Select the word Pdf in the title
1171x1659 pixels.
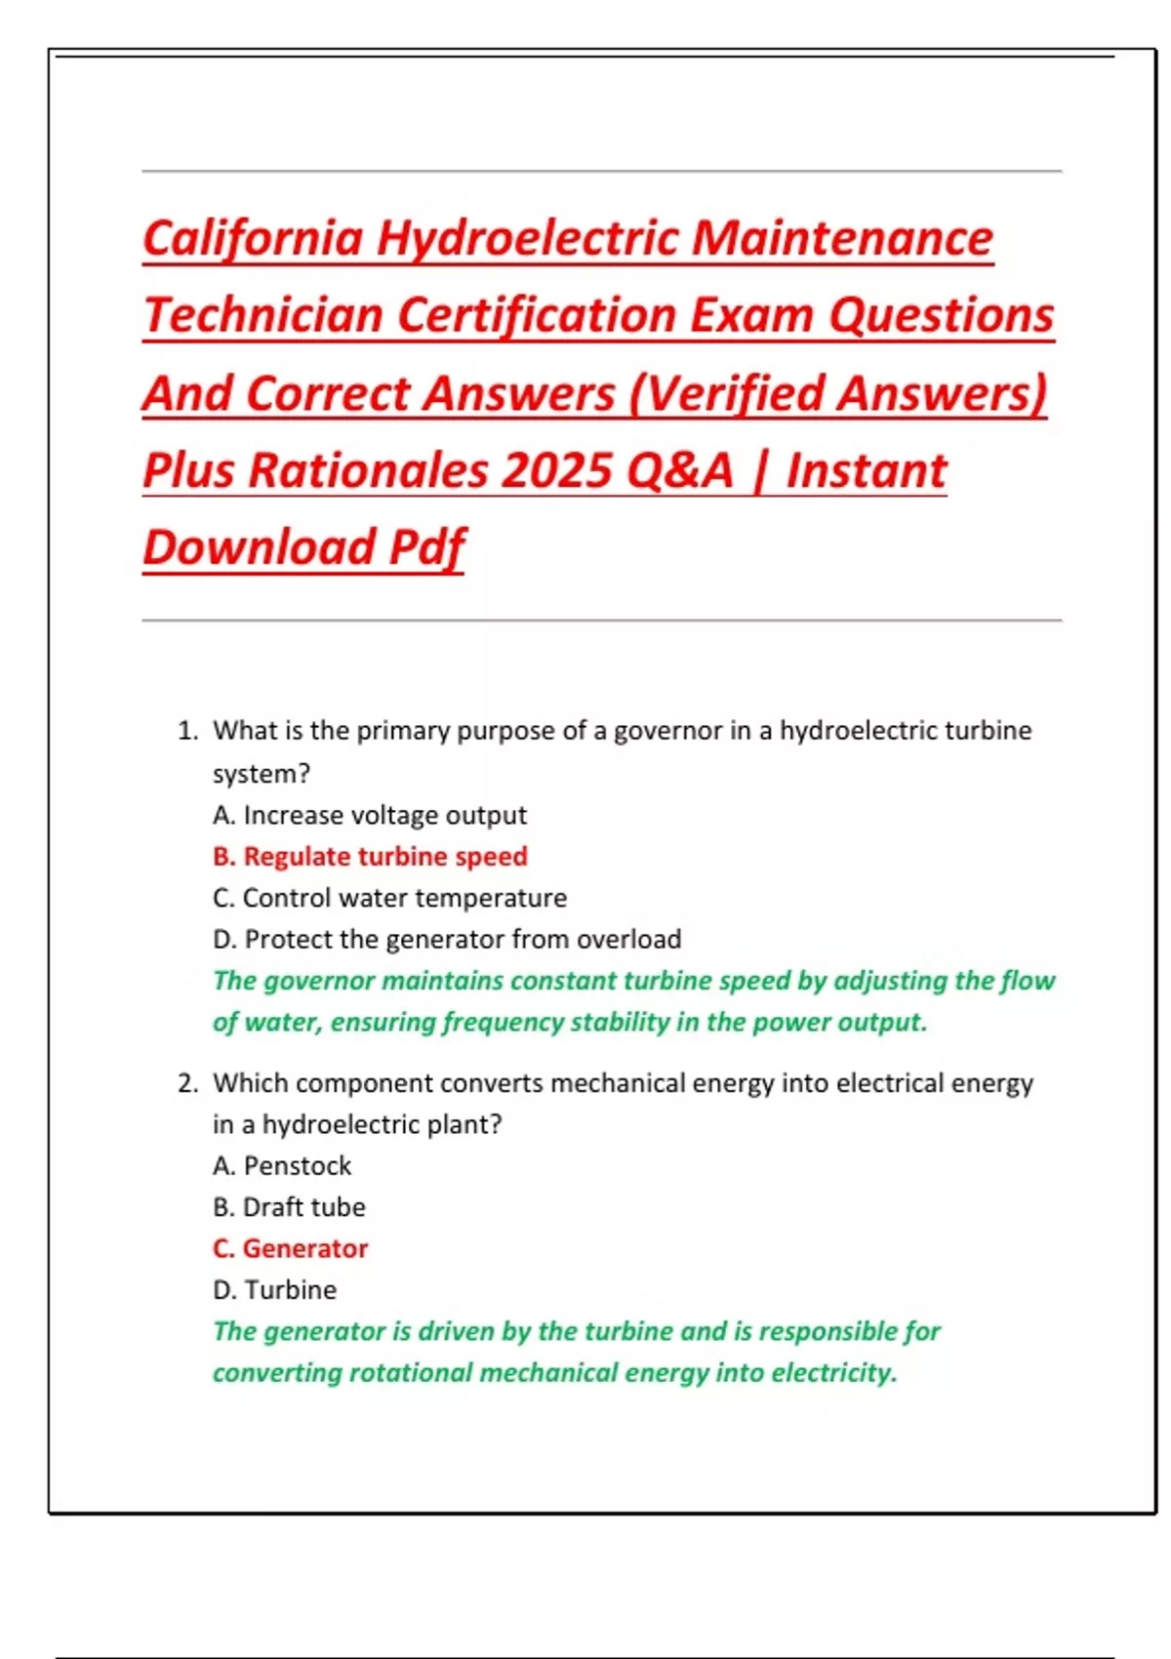pos(426,547)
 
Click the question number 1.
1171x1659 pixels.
pos(187,731)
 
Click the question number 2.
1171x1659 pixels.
pos(187,1083)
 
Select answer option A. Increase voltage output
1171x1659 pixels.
pos(369,815)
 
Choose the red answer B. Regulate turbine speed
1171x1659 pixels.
pos(370,857)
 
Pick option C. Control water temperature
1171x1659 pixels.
pos(389,898)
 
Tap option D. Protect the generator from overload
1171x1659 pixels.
pos(447,939)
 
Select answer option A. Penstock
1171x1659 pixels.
pos(282,1166)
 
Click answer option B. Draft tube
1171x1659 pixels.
pos(289,1207)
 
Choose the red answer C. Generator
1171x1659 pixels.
pos(290,1249)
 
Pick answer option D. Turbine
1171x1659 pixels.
pos(274,1290)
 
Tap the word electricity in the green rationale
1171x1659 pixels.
pos(831,1373)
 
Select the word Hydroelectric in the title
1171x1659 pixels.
pos(528,238)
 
